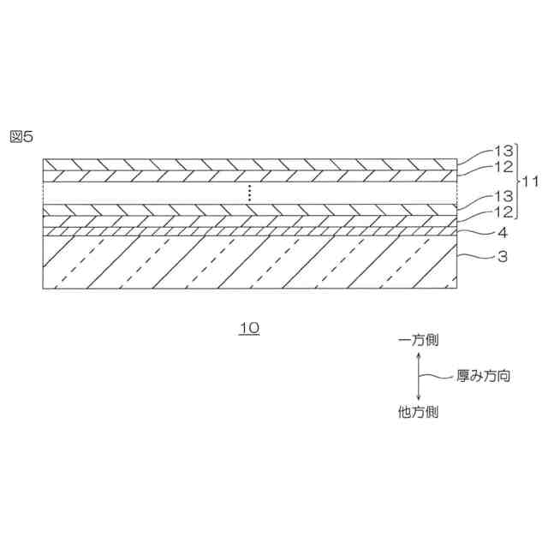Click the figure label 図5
coord(21,136)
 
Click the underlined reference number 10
coord(249,329)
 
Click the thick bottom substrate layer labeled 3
coord(248,261)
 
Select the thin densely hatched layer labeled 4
coord(248,231)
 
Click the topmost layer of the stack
coord(248,164)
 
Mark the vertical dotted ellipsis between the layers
coord(249,193)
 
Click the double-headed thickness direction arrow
coord(418,377)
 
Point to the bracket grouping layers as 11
coord(516,182)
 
